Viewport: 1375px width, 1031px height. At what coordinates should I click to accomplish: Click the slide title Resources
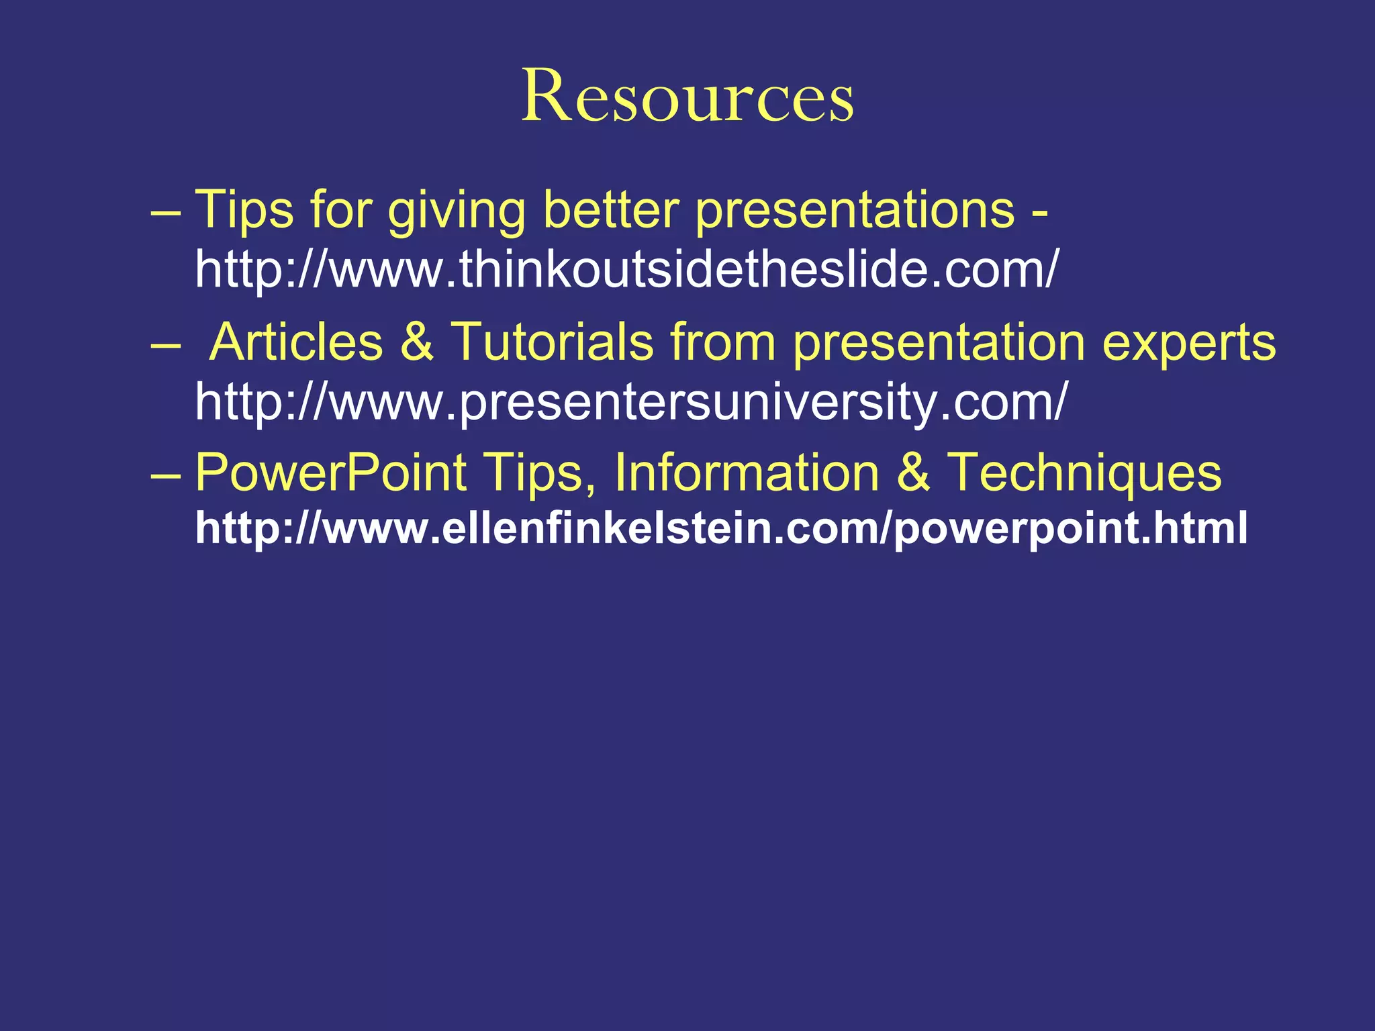pyautogui.click(x=687, y=97)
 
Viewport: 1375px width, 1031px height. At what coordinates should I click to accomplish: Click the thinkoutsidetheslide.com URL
pyautogui.click(x=626, y=268)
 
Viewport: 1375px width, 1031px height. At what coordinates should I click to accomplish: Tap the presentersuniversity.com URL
pyautogui.click(x=630, y=401)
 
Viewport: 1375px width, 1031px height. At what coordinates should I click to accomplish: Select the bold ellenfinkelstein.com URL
pyautogui.click(x=721, y=528)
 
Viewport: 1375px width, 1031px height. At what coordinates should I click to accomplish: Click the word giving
pyautogui.click(x=457, y=211)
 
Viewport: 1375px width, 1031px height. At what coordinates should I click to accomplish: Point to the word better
pyautogui.click(x=611, y=209)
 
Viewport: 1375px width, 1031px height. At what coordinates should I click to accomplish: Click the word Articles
pyautogui.click(x=295, y=342)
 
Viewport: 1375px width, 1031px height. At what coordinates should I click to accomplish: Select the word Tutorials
pyautogui.click(x=551, y=342)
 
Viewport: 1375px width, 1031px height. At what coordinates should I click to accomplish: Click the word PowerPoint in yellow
pyautogui.click(x=330, y=473)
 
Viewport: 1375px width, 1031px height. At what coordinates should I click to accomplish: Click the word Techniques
pyautogui.click(x=1084, y=474)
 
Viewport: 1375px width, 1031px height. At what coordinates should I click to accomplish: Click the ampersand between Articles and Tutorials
pyautogui.click(x=417, y=342)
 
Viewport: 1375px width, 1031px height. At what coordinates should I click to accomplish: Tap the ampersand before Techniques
pyautogui.click(x=914, y=473)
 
